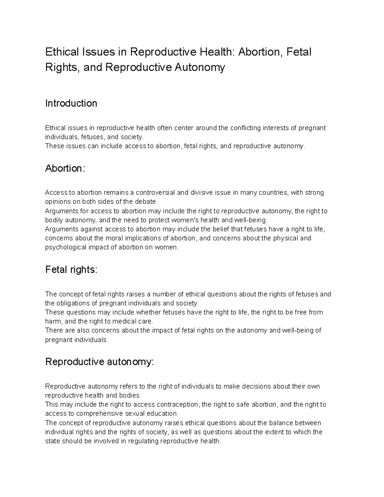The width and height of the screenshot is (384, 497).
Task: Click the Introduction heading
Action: pyautogui.click(x=71, y=103)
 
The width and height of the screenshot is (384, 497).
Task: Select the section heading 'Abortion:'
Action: pyautogui.click(x=65, y=168)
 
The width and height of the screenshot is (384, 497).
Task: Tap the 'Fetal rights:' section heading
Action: pyautogui.click(x=71, y=270)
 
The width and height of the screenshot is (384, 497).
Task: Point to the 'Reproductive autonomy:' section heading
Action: pyautogui.click(x=100, y=362)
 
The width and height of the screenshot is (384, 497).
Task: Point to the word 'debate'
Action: pyautogui.click(x=148, y=202)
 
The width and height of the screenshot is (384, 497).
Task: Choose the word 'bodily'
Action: pyautogui.click(x=54, y=220)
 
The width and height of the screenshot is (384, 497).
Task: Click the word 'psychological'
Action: pyautogui.click(x=64, y=247)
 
